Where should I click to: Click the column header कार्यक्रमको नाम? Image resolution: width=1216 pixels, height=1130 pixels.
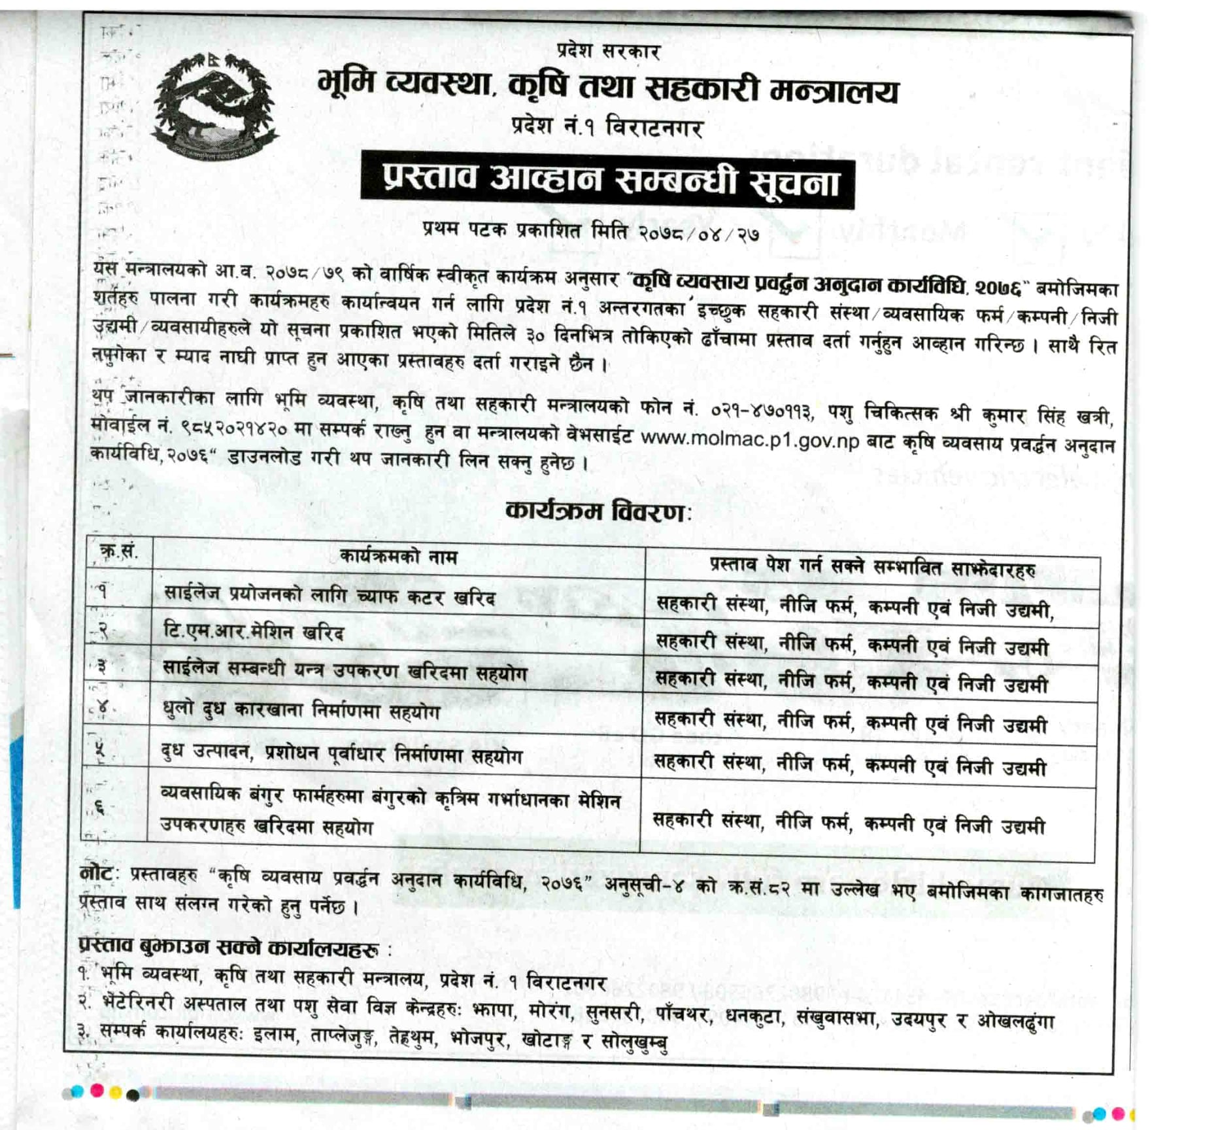point(398,556)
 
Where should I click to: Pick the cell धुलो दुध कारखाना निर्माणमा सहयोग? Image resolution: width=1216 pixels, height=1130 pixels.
point(301,711)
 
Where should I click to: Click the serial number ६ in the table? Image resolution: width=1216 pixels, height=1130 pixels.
point(100,808)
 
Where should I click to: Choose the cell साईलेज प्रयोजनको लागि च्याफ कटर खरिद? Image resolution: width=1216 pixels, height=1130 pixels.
point(329,596)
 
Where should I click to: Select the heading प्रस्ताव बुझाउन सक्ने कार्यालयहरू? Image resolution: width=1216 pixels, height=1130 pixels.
point(229,946)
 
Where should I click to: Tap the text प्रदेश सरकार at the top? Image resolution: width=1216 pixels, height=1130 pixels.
point(608,52)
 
